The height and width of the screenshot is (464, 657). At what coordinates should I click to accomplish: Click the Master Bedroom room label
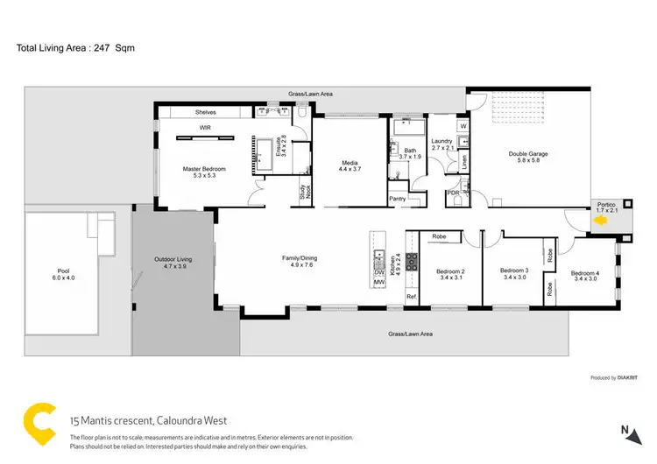click(204, 168)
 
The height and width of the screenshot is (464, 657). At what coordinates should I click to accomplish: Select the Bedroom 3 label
click(514, 271)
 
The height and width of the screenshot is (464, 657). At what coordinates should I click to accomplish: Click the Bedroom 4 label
click(585, 273)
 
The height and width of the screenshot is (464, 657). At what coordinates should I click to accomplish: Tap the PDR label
click(454, 193)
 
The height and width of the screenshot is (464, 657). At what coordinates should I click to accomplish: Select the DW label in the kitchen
click(380, 272)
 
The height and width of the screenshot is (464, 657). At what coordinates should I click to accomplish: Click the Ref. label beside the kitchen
click(411, 298)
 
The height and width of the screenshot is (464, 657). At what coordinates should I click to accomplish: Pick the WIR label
click(206, 128)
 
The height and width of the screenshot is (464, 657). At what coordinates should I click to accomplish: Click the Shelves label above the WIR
click(206, 112)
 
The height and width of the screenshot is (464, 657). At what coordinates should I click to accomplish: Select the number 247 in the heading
click(103, 47)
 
